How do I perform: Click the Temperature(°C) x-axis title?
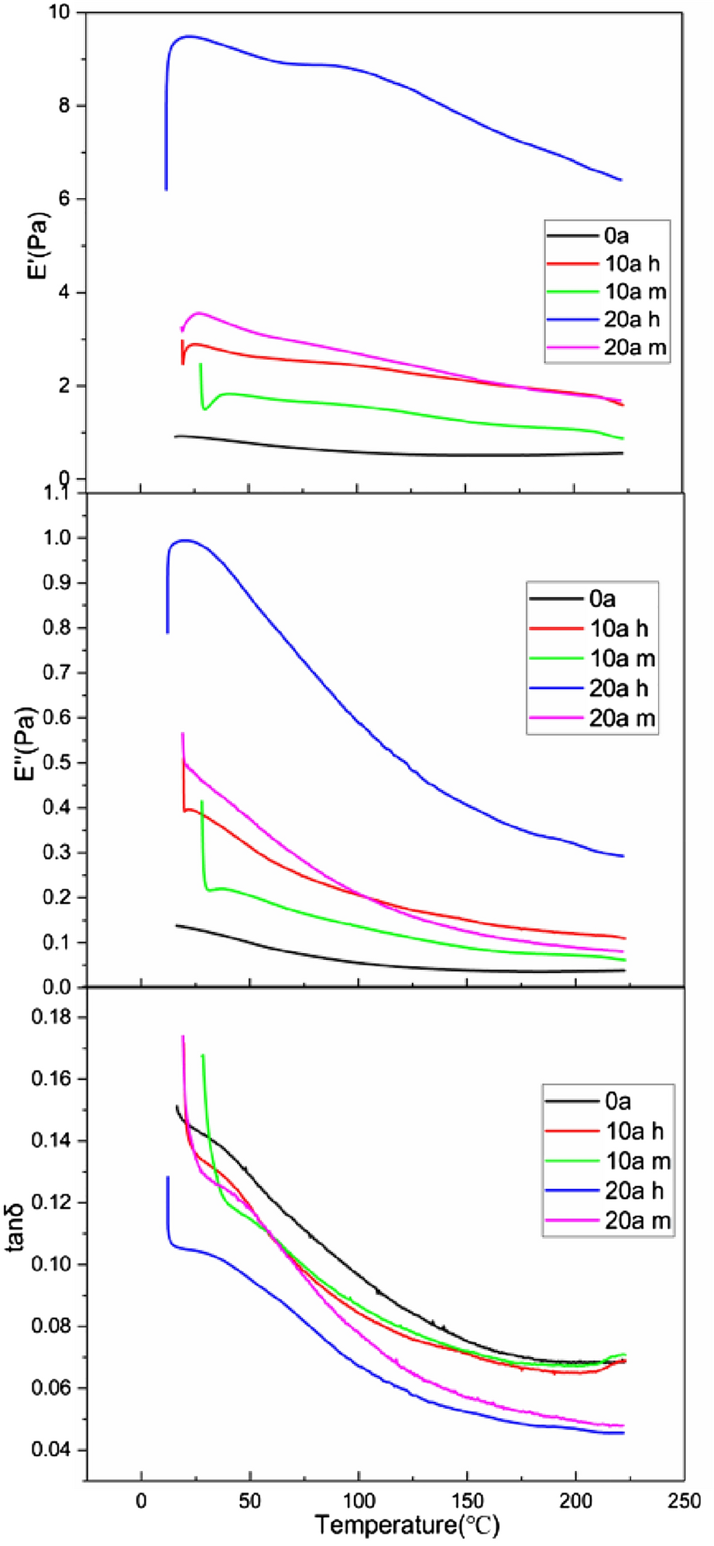click(407, 1524)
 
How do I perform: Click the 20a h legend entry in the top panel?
click(632, 319)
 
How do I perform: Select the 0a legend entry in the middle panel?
click(602, 598)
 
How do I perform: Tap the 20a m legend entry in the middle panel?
click(622, 718)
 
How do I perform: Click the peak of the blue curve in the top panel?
click(187, 36)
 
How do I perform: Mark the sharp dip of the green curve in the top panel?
click(204, 409)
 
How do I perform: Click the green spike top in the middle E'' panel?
click(202, 802)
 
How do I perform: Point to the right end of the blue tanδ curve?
click(623, 1433)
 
